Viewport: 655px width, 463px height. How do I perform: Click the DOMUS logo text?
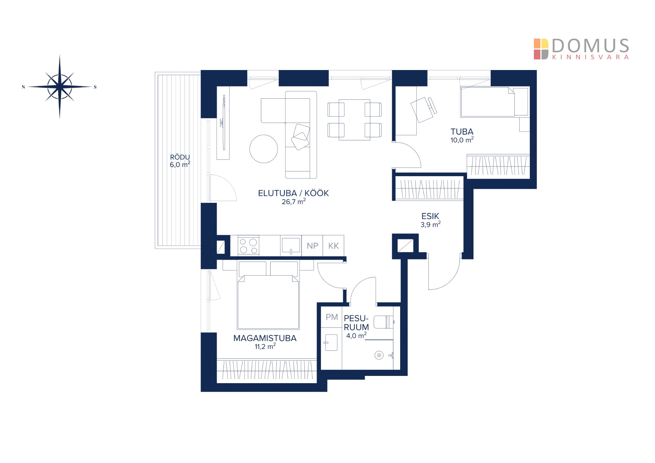[x=591, y=45]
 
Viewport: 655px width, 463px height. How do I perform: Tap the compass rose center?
[x=60, y=87]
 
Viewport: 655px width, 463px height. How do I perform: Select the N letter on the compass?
[x=23, y=87]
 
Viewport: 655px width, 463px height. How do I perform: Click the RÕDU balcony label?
[x=180, y=157]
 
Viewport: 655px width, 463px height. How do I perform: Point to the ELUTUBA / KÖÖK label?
[x=293, y=193]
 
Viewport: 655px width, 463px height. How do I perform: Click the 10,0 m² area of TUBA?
[x=462, y=140]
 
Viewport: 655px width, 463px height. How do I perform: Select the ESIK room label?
[x=430, y=216]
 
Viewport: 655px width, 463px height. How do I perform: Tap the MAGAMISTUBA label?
[x=265, y=338]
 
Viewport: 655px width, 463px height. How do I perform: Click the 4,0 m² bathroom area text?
[x=356, y=336]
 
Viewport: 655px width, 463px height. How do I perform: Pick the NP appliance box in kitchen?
[x=312, y=245]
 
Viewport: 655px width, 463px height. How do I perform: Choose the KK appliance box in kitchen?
[x=333, y=245]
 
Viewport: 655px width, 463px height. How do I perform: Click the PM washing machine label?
[x=332, y=317]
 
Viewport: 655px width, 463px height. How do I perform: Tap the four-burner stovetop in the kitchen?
[x=248, y=246]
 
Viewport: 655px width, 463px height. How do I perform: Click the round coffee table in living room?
[x=264, y=149]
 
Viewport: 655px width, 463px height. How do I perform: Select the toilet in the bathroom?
[x=384, y=322]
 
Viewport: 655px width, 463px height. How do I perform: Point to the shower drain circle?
[x=379, y=355]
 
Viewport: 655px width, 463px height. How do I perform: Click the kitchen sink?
[x=291, y=245]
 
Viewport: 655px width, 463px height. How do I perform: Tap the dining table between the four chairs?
[x=354, y=120]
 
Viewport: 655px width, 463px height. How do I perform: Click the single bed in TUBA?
[x=494, y=102]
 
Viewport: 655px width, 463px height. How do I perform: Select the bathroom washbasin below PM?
[x=331, y=342]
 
